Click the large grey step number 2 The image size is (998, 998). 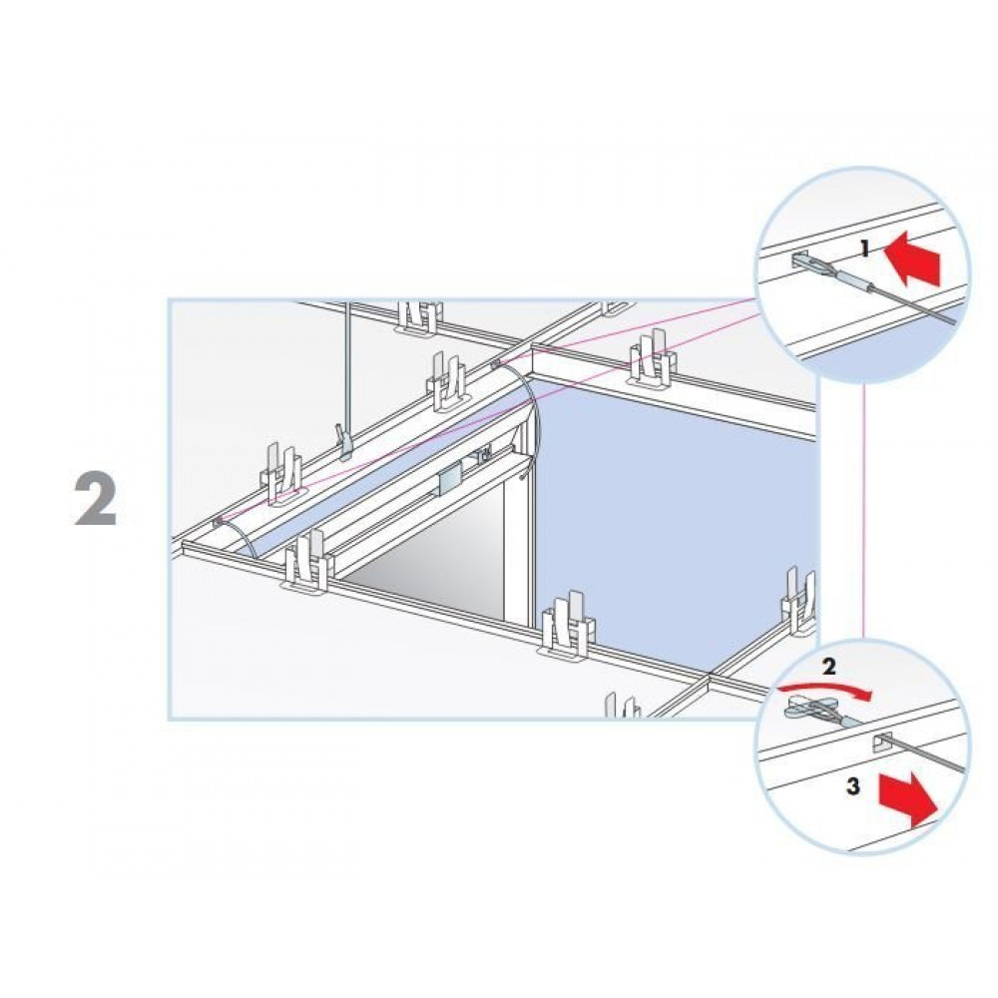click(96, 500)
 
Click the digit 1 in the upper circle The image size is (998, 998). click(864, 249)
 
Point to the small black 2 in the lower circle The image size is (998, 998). click(828, 667)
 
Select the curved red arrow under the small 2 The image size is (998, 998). click(827, 689)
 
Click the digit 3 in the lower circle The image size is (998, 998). click(853, 786)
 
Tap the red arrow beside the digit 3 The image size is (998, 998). click(908, 798)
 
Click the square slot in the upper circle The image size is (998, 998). click(798, 259)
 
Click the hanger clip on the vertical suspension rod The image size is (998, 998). click(345, 443)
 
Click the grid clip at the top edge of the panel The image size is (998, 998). click(418, 316)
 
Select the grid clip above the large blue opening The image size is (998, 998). click(652, 360)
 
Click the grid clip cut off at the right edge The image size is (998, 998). click(800, 602)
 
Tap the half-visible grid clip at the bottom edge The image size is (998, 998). click(623, 706)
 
